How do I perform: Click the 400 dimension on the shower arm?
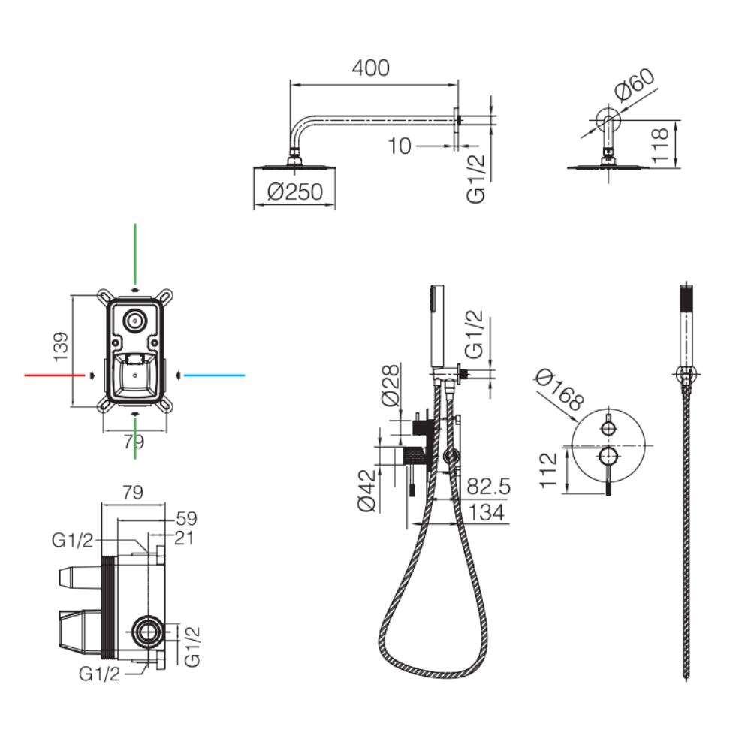click(371, 68)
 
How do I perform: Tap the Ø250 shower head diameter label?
click(294, 192)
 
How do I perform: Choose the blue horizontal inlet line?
click(215, 374)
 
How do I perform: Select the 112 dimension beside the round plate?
click(552, 470)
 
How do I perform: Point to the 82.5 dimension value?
click(488, 487)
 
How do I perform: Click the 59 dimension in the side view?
click(185, 518)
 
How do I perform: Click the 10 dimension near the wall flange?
click(400, 146)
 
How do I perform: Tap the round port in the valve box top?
click(135, 321)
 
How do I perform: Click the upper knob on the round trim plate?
click(608, 428)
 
